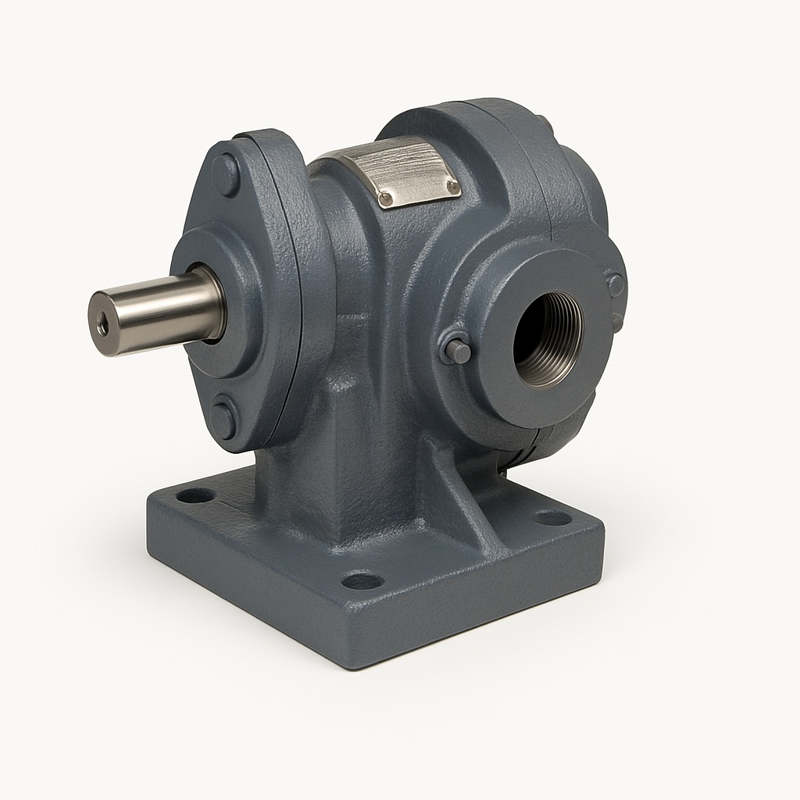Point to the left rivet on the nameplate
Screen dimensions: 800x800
[x=384, y=201]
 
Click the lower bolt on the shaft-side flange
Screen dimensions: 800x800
[x=224, y=419]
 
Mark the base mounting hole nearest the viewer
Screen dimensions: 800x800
[x=362, y=580]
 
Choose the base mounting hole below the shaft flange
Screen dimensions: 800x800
[x=195, y=495]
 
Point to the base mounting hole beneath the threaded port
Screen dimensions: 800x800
[x=552, y=517]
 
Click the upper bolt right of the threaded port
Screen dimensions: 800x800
[x=616, y=284]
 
